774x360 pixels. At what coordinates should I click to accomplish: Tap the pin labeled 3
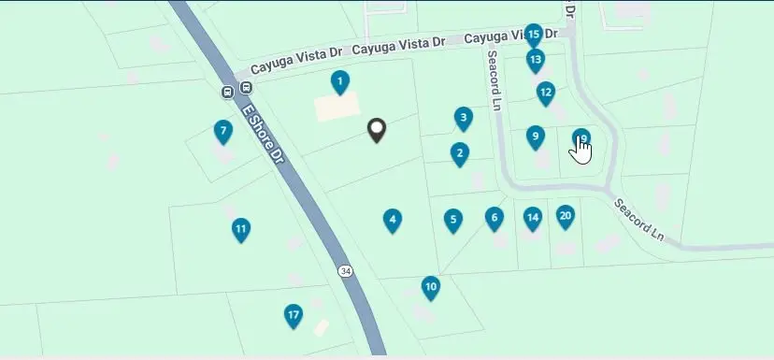(463, 118)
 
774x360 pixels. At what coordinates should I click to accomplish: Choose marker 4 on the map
(393, 221)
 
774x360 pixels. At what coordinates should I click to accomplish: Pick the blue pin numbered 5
(452, 221)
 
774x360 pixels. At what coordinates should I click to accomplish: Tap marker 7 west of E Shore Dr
(222, 132)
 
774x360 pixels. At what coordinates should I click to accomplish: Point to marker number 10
(430, 286)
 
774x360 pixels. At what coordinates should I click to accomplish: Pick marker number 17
(294, 316)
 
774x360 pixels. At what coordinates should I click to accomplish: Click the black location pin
(377, 130)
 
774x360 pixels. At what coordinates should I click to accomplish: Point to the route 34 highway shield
(346, 271)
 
